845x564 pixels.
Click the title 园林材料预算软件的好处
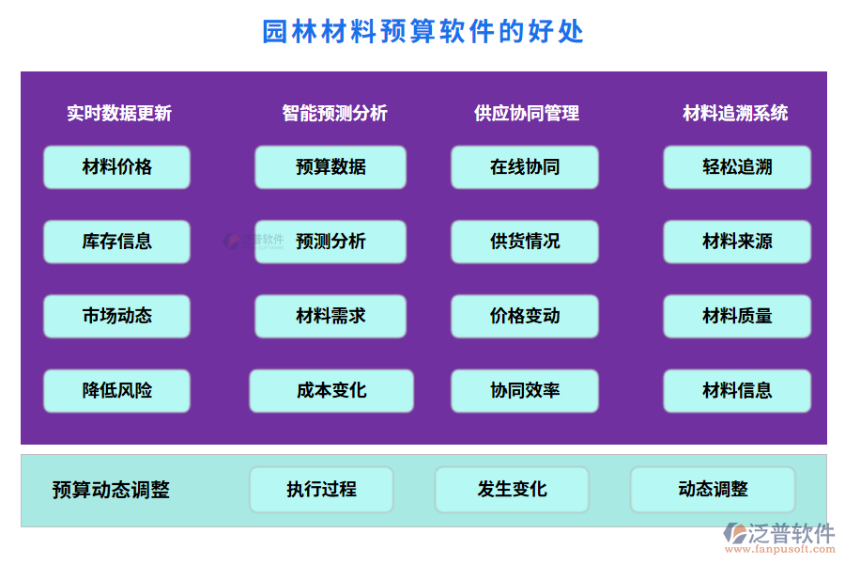coord(423,32)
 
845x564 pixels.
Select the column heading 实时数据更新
coord(119,114)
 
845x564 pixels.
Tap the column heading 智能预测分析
coord(334,114)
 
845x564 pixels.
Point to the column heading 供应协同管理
coord(526,114)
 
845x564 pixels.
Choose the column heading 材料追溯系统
coord(735,114)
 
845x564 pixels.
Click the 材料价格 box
coord(116,167)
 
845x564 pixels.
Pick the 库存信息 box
coord(116,242)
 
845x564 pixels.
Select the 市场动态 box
coord(116,316)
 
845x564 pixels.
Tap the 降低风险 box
coord(116,390)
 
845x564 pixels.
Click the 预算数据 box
coord(330,167)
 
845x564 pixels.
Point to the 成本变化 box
coord(331,390)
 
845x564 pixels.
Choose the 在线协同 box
coord(525,167)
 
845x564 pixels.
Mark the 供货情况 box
coord(525,242)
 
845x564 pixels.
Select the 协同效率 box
coord(525,390)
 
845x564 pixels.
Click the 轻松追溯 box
coord(737,167)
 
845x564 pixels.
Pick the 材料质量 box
coord(737,316)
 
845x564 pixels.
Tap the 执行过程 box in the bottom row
coord(321,490)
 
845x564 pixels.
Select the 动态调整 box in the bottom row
coord(713,490)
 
